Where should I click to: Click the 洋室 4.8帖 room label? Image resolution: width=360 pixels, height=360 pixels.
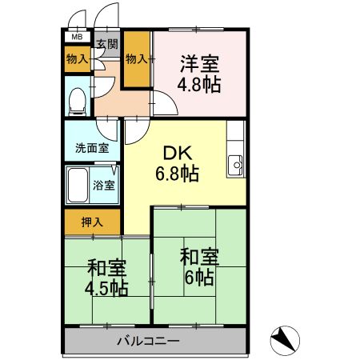(199, 72)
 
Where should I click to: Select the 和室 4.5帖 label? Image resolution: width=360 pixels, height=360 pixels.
(106, 278)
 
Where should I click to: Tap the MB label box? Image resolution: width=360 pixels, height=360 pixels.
(77, 37)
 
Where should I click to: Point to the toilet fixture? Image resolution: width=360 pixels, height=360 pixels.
(78, 100)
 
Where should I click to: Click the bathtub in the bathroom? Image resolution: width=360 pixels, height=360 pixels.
(77, 186)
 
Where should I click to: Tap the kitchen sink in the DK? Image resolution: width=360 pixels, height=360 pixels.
(236, 166)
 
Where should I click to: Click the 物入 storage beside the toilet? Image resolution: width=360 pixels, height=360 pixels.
(78, 58)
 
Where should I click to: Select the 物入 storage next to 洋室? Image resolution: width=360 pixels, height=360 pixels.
(137, 58)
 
